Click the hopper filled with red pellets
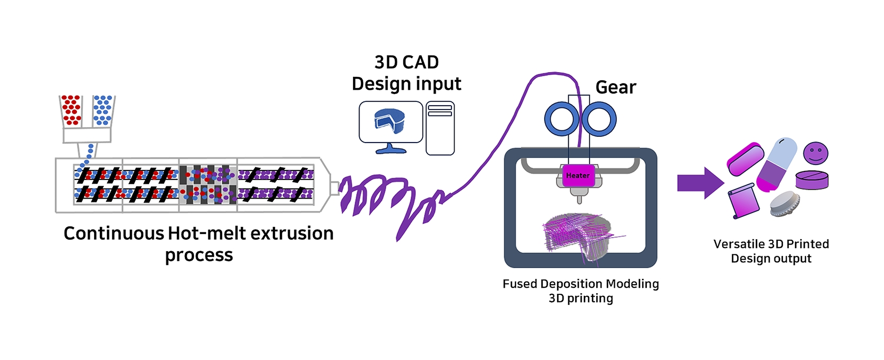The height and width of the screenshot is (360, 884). coord(71,111)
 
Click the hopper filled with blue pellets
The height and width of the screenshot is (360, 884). coord(103,111)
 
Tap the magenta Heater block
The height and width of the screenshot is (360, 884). coord(578,176)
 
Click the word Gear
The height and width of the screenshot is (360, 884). coord(616,87)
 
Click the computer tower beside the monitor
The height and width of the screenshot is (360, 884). coord(440,128)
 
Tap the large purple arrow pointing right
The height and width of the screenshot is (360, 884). coord(700,183)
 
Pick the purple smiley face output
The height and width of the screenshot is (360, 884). coord(816,153)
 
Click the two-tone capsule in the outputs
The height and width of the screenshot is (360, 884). coord(776,164)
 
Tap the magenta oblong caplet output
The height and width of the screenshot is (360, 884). coord(745,159)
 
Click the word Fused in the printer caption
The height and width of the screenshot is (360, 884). coord(519,284)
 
